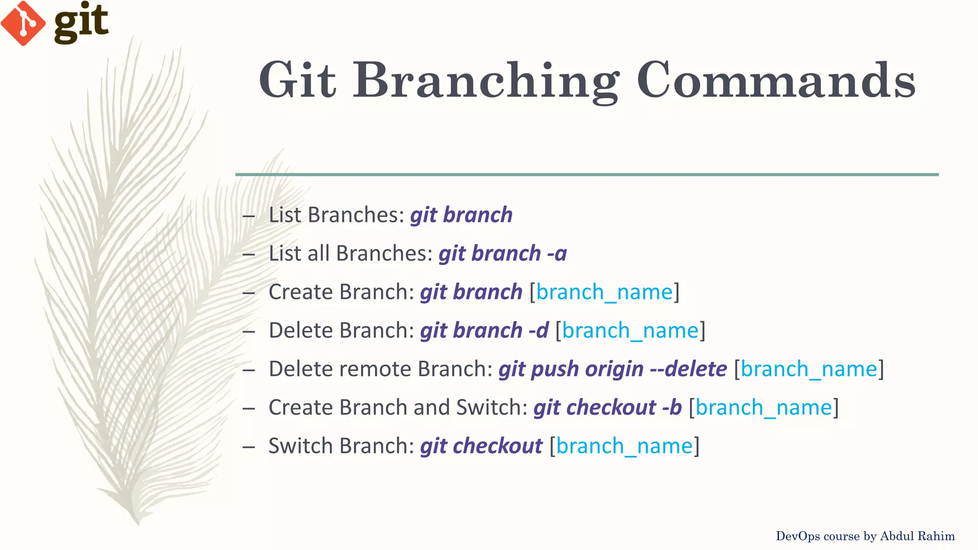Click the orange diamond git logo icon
[23, 23]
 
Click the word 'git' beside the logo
[81, 21]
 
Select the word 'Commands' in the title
[776, 80]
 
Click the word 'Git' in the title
[297, 80]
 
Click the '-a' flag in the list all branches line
[557, 254]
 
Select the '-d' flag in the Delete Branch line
[539, 330]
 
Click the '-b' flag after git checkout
[672, 408]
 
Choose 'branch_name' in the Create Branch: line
[604, 292]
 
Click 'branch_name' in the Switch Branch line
[624, 446]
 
